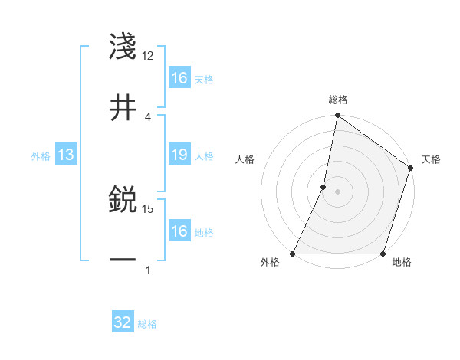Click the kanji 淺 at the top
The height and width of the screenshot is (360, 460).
pyautogui.click(x=123, y=47)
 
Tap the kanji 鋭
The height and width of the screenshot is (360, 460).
pyautogui.click(x=123, y=201)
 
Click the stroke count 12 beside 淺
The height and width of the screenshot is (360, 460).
pyautogui.click(x=148, y=56)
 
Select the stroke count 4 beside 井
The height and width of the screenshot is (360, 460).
pyautogui.click(x=148, y=116)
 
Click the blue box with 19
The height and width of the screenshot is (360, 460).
pyautogui.click(x=179, y=155)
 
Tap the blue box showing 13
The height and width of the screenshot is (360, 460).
pyautogui.click(x=66, y=155)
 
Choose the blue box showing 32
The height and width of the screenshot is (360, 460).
pyautogui.click(x=123, y=322)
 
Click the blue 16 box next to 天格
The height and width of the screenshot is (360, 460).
pyautogui.click(x=179, y=78)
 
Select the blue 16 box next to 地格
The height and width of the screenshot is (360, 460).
pyautogui.click(x=179, y=231)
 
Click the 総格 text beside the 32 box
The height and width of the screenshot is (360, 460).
pyautogui.click(x=147, y=324)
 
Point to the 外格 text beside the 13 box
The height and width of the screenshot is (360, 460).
pyautogui.click(x=41, y=156)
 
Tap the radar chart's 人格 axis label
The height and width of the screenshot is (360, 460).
pyautogui.click(x=245, y=159)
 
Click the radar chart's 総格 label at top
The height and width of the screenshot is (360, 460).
pyautogui.click(x=337, y=100)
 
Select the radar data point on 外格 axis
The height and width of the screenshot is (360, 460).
pyautogui.click(x=293, y=254)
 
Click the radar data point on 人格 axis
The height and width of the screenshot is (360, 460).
pyautogui.click(x=324, y=187)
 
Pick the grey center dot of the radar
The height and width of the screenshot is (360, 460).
pyautogui.click(x=337, y=191)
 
